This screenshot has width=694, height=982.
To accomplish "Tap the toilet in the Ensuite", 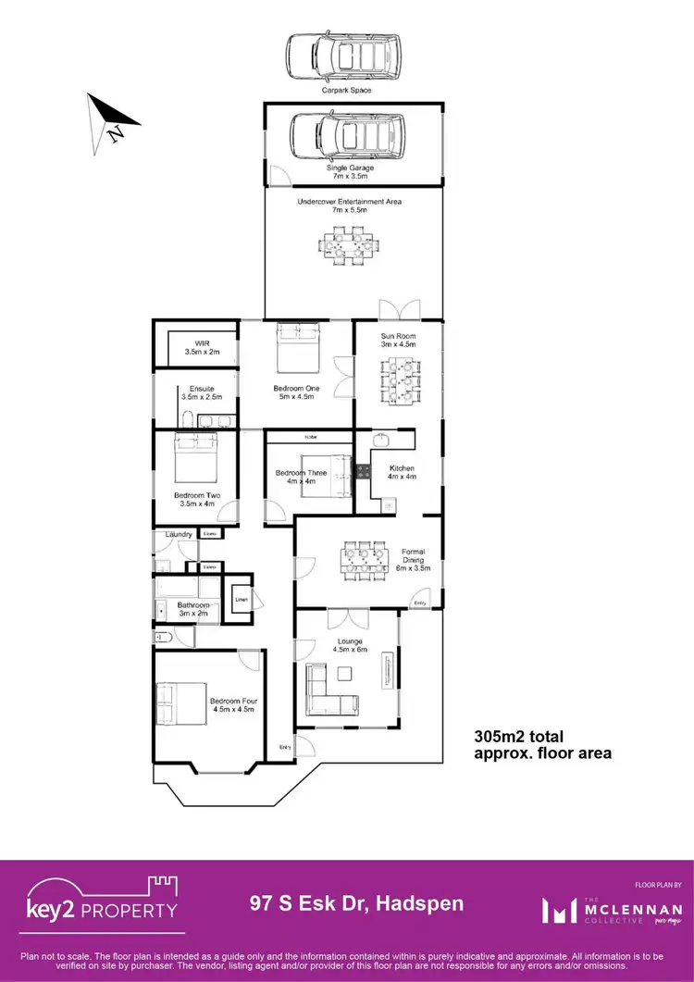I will [185, 421].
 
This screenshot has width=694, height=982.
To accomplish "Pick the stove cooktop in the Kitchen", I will [364, 471].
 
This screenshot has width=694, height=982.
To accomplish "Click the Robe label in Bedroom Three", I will [310, 437].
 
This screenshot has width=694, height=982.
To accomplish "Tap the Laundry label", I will [178, 534].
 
